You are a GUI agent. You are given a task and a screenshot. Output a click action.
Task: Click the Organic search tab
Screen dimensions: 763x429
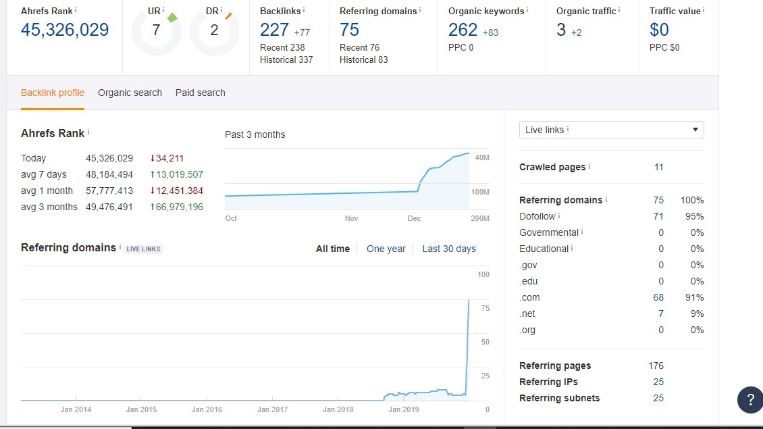130,93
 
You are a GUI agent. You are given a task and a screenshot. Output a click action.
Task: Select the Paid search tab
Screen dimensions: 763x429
200,93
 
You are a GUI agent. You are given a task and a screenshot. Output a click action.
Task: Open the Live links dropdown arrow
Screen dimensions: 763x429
695,130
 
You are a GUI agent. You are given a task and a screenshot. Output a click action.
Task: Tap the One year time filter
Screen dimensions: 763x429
386,249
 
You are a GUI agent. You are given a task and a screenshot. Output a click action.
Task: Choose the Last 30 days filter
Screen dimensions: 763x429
449,249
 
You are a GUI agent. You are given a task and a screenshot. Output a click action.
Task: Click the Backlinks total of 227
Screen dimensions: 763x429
274,30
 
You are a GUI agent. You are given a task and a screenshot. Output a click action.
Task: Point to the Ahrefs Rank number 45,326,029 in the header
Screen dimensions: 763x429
65,30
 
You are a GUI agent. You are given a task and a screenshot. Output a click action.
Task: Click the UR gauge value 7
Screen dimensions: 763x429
156,30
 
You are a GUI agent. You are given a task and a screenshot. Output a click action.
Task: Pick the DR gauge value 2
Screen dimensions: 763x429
214,30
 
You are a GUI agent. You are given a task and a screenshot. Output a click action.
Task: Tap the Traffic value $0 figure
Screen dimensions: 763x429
659,30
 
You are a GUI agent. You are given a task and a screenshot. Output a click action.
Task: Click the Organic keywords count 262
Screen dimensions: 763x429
463,30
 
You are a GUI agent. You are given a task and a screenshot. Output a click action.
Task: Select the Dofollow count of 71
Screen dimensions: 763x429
658,216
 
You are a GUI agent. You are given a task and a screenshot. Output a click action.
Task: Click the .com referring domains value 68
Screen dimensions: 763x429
658,297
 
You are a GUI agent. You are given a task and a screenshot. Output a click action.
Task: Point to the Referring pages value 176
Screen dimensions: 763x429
656,365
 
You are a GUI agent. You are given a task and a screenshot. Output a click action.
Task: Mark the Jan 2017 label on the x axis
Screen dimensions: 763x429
273,409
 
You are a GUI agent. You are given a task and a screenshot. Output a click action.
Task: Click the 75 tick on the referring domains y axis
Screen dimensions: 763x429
485,308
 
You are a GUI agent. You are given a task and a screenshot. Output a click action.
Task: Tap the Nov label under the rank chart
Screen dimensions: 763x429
351,218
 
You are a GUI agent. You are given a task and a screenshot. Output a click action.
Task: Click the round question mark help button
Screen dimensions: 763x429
750,400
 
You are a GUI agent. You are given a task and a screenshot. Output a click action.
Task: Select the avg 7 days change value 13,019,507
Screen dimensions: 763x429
177,174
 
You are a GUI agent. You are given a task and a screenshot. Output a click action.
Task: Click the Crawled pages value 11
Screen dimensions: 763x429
659,167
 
